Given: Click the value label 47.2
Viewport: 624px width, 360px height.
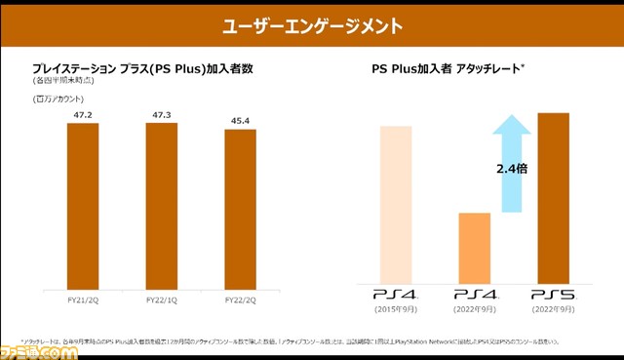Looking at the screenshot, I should point(83,113).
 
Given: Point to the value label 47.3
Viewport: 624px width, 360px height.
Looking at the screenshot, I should point(161,113).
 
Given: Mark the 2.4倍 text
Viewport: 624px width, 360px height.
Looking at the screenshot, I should point(512,169).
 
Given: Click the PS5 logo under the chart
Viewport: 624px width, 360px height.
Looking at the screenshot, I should point(552,293).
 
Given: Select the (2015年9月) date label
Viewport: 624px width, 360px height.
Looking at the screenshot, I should point(396,309).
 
